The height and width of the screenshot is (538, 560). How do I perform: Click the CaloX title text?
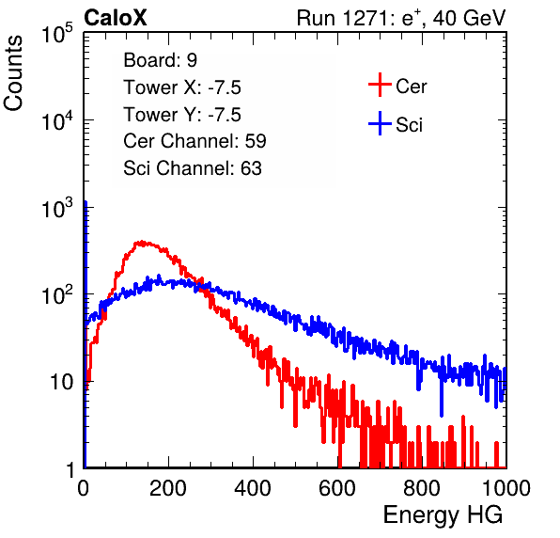[x=115, y=18]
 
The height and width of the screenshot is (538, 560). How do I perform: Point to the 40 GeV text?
[x=469, y=18]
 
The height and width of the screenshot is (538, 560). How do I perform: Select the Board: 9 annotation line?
[x=160, y=60]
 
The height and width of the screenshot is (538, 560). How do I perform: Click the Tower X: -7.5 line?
[x=182, y=87]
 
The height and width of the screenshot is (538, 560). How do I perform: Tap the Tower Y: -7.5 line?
[x=182, y=115]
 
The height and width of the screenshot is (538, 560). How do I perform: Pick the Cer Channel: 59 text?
[x=194, y=141]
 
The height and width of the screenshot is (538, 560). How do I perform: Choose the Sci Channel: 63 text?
[x=193, y=168]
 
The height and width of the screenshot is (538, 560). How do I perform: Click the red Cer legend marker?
[x=380, y=85]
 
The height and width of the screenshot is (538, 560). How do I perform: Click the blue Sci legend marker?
[x=380, y=124]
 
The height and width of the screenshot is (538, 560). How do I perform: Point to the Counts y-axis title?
[x=13, y=72]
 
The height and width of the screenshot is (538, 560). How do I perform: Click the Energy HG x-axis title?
[x=443, y=515]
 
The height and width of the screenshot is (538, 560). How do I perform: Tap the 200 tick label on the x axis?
[x=168, y=488]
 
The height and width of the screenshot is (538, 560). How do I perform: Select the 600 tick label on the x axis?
[x=337, y=488]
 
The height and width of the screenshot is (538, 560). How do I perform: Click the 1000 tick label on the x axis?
[x=506, y=488]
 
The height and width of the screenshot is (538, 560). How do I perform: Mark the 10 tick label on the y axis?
[x=62, y=382]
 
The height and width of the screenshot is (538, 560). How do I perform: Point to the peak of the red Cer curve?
[x=142, y=242]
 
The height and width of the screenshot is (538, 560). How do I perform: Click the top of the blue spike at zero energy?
[x=86, y=202]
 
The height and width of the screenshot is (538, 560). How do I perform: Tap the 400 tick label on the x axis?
[x=253, y=488]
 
